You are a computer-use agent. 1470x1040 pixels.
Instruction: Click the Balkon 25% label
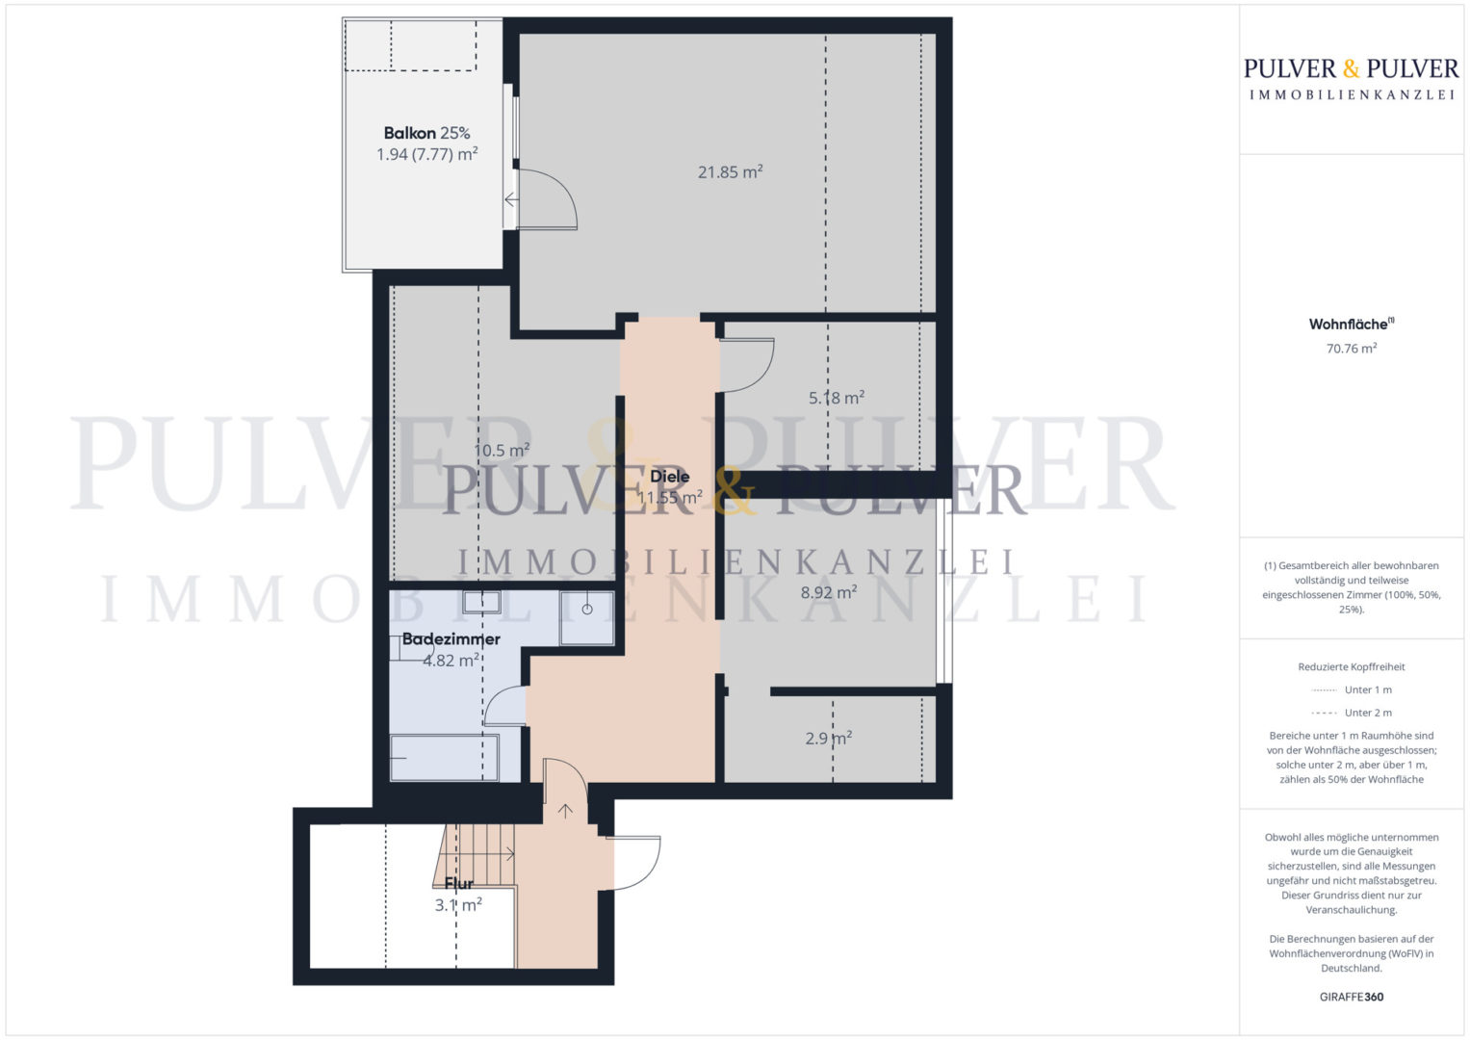tap(426, 133)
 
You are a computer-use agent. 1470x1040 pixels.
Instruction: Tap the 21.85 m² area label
tap(730, 172)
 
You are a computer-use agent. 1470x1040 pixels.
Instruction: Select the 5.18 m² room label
tap(836, 398)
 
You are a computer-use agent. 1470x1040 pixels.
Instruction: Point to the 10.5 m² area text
tap(502, 451)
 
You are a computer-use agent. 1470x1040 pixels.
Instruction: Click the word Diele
tap(669, 477)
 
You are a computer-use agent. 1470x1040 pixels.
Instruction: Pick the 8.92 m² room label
tap(828, 593)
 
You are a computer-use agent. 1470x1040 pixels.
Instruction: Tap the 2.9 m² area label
tap(828, 739)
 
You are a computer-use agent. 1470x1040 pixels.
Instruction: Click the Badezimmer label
tap(451, 639)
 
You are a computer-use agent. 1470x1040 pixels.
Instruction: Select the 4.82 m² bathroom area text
tap(451, 661)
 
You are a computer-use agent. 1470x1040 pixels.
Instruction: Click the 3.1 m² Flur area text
tap(458, 905)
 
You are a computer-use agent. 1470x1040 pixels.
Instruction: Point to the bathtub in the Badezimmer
tap(445, 758)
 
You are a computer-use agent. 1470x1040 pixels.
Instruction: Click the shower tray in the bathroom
tap(586, 618)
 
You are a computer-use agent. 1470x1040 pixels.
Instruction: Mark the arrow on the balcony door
tap(511, 199)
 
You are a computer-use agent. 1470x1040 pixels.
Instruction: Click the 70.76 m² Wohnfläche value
tap(1352, 349)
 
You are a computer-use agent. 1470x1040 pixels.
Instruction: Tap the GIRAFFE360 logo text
tap(1352, 997)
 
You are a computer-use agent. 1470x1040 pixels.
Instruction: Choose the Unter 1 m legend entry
tap(1352, 690)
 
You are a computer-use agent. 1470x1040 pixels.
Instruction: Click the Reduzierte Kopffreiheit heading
tap(1352, 667)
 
